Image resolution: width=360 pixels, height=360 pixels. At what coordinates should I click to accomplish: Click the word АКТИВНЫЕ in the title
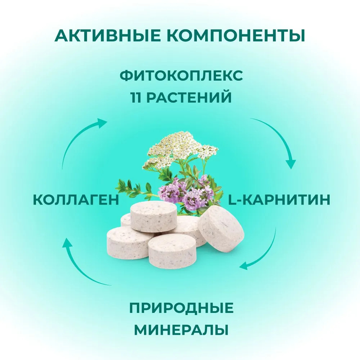click(x=108, y=35)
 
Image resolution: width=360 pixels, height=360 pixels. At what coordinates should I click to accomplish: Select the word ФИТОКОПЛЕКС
click(x=181, y=76)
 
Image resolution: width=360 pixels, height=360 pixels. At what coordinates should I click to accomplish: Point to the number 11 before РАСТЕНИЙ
click(x=136, y=97)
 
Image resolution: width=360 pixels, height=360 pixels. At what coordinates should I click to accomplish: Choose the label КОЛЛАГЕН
click(x=76, y=199)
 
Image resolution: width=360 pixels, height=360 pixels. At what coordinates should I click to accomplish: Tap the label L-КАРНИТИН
click(x=279, y=199)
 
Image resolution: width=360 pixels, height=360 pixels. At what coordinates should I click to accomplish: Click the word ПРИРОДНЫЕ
click(x=181, y=308)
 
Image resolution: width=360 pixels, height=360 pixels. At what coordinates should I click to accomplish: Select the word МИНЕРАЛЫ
click(x=181, y=330)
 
